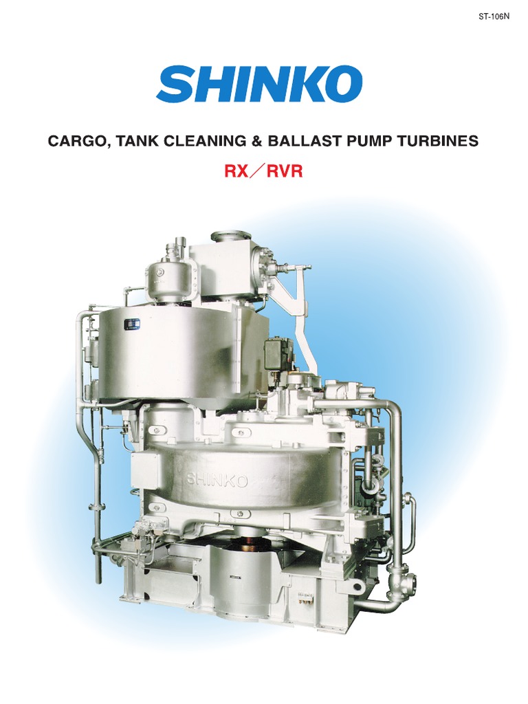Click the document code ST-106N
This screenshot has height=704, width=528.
click(x=494, y=17)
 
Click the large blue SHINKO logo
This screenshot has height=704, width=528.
click(x=259, y=83)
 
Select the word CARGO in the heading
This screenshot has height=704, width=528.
click(x=78, y=141)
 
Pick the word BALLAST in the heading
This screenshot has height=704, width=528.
click(x=305, y=140)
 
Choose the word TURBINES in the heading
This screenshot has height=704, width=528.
click(x=439, y=140)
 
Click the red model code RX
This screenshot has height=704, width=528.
click(x=236, y=171)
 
